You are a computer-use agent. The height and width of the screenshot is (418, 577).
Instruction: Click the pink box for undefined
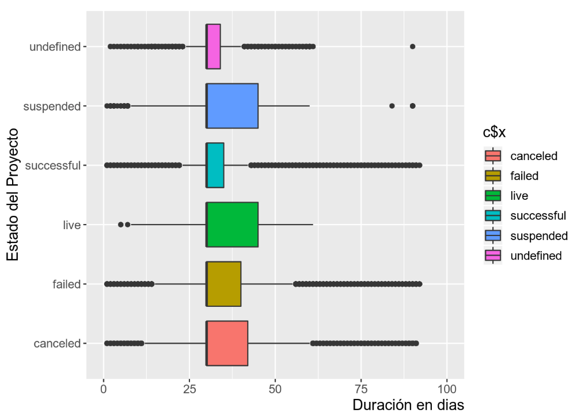[x=213, y=47]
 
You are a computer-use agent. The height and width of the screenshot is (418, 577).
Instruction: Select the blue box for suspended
[x=232, y=106]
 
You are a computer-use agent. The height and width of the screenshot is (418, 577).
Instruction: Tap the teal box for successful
[x=215, y=165]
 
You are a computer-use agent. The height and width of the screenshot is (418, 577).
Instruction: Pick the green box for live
[x=232, y=225]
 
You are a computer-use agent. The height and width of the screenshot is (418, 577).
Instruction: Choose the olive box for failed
[x=223, y=284]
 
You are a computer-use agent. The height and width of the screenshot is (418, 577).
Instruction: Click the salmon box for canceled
[x=227, y=343]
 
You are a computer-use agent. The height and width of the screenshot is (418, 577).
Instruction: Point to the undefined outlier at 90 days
[x=412, y=47]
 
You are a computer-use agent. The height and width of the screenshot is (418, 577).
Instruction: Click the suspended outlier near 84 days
[x=392, y=106]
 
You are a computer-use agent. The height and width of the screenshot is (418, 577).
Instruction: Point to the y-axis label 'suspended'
[x=51, y=106]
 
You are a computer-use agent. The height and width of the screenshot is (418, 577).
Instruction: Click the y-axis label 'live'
[x=73, y=225]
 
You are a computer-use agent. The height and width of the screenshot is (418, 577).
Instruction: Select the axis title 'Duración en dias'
[x=408, y=405]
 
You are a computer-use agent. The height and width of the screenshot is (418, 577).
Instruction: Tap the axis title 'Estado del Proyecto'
[x=13, y=195]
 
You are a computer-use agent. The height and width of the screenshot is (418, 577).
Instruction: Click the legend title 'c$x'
[x=494, y=133]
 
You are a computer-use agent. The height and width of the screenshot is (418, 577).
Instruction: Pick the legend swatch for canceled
[x=494, y=156]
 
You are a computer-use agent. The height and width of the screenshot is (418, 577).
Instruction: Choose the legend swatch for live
[x=494, y=196]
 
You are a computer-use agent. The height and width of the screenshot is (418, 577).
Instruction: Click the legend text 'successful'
[x=538, y=216]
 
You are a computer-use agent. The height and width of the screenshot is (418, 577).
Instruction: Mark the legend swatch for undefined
[x=494, y=256]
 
